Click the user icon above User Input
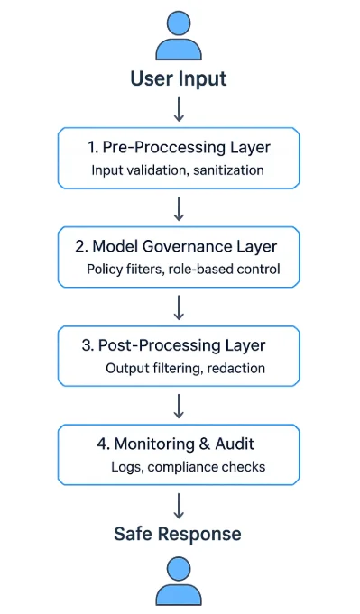click(x=179, y=36)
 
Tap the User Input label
click(x=179, y=78)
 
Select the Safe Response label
click(x=178, y=534)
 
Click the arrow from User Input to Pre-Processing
click(x=179, y=108)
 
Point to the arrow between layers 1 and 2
click(x=179, y=208)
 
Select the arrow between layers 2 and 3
click(x=179, y=307)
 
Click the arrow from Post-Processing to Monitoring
click(x=179, y=406)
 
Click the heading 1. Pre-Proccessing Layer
click(x=178, y=146)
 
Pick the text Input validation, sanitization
click(x=178, y=170)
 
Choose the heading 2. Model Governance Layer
click(x=178, y=246)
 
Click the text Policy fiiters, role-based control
click(x=183, y=269)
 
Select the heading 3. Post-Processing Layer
click(x=178, y=345)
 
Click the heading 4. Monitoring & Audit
click(x=178, y=444)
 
